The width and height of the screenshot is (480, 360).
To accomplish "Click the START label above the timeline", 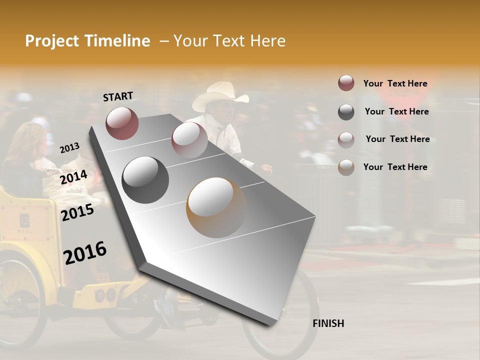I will pyautogui.click(x=118, y=96).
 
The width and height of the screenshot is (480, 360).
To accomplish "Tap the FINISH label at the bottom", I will pyautogui.click(x=328, y=323).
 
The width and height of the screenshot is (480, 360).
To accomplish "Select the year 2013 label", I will pyautogui.click(x=69, y=148).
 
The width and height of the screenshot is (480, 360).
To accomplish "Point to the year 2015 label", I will pyautogui.click(x=77, y=212).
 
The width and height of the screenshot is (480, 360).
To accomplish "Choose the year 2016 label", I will pyautogui.click(x=85, y=252).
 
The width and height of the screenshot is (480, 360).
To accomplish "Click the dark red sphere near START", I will pyautogui.click(x=122, y=123).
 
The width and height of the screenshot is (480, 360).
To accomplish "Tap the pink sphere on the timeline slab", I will pyautogui.click(x=189, y=140).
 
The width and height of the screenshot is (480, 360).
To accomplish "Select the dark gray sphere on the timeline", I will pyautogui.click(x=145, y=180).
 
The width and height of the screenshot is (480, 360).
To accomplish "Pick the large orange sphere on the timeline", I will pyautogui.click(x=216, y=207).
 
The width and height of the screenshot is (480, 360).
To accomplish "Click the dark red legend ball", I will pyautogui.click(x=346, y=83).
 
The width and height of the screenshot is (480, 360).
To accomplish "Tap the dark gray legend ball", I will pyautogui.click(x=346, y=112).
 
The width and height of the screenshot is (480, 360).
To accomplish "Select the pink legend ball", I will pyautogui.click(x=346, y=139).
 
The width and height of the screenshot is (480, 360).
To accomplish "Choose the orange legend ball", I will pyautogui.click(x=346, y=167).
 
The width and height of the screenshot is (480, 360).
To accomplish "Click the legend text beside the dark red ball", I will pyautogui.click(x=395, y=84).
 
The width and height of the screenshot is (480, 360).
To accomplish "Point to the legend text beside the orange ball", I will pyautogui.click(x=395, y=167).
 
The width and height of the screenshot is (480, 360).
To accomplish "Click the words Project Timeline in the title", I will pyautogui.click(x=87, y=41).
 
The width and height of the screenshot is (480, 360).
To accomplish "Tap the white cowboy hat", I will pyautogui.click(x=220, y=96).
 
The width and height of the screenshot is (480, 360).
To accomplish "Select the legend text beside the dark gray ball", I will pyautogui.click(x=396, y=111).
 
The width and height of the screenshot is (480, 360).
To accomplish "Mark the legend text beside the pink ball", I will pyautogui.click(x=397, y=139).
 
